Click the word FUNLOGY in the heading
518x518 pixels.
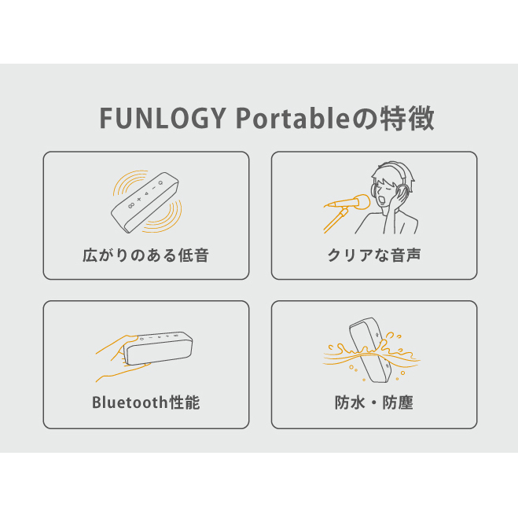point(163,118)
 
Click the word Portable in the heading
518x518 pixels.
point(292,118)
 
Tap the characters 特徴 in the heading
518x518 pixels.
point(407,118)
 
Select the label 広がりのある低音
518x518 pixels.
point(145,255)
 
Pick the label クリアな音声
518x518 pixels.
point(374,255)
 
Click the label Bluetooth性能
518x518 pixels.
point(145,402)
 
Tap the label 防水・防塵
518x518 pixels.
point(374,402)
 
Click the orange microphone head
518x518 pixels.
point(362,201)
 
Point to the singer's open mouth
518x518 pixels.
point(383,200)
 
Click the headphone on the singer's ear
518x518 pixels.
point(402,192)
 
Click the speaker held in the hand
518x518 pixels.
point(158,347)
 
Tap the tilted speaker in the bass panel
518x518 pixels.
point(145,202)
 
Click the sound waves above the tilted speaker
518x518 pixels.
point(129,182)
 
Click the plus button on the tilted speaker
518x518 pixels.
point(139,199)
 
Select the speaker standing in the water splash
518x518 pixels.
point(370,350)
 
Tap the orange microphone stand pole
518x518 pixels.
point(335,221)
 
